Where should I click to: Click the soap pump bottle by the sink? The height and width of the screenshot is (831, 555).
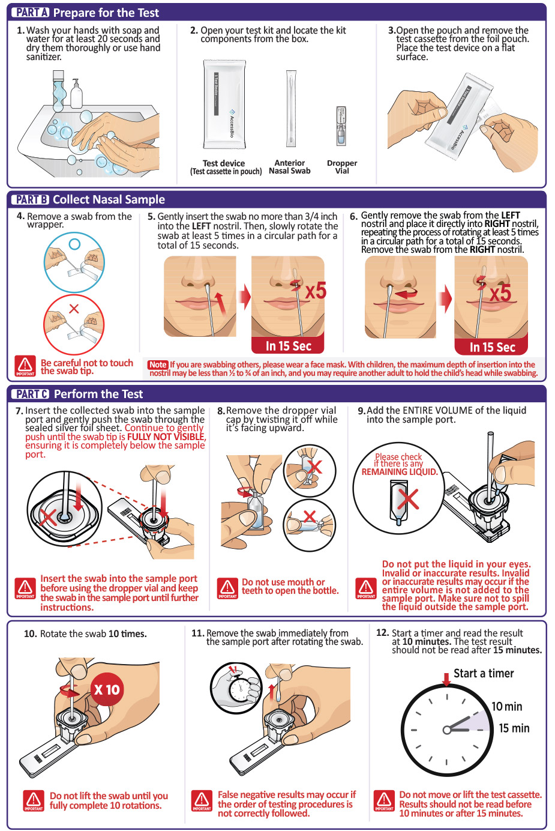pyautogui.click(x=76, y=93)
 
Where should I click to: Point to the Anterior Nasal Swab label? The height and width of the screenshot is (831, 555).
pyautogui.click(x=290, y=167)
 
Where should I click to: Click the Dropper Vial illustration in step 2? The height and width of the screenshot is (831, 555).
pyautogui.click(x=341, y=126)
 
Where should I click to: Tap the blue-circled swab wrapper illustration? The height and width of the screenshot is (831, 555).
pyautogui.click(x=74, y=262)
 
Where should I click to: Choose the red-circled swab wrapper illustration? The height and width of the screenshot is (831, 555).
pyautogui.click(x=74, y=324)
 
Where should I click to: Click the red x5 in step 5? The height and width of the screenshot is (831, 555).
pyautogui.click(x=316, y=290)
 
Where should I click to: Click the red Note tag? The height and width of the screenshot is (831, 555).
pyautogui.click(x=158, y=364)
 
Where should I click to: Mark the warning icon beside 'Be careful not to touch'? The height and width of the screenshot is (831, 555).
pyautogui.click(x=25, y=366)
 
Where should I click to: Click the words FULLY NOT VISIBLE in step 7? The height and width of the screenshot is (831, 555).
pyautogui.click(x=166, y=437)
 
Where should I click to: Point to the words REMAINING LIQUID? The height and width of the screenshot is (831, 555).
pyautogui.click(x=400, y=472)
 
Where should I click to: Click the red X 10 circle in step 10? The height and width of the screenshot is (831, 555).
pyautogui.click(x=107, y=690)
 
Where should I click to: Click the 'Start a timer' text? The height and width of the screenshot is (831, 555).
pyautogui.click(x=484, y=673)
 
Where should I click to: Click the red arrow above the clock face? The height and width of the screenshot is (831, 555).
pyautogui.click(x=447, y=679)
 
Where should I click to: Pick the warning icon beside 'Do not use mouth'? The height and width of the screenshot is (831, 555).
pyautogui.click(x=227, y=588)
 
